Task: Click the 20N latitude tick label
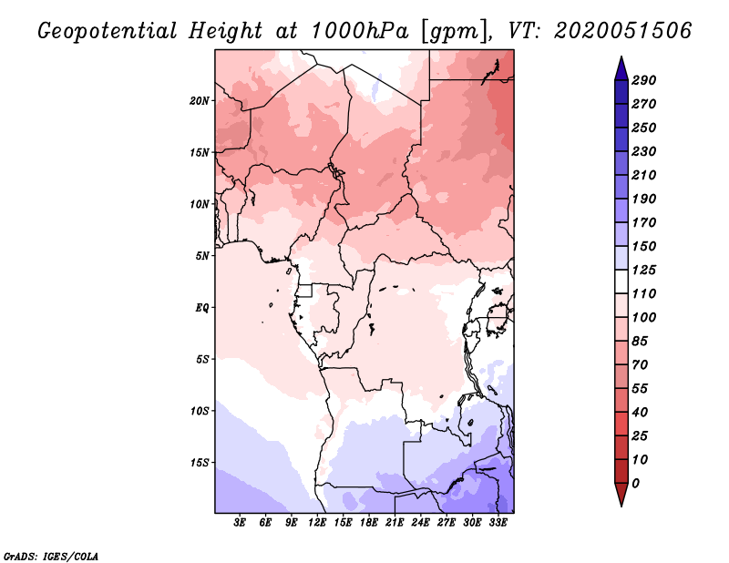point(200,100)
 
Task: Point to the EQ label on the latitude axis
point(203,307)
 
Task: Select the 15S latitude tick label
point(200,462)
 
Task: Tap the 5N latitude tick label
point(203,255)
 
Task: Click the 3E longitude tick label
point(241,522)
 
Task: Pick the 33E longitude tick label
point(498,522)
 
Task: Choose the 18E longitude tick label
point(369,522)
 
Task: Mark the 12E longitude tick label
point(318,522)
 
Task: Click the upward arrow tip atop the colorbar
point(621,59)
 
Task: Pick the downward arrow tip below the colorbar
point(621,504)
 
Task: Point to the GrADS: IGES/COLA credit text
point(51,555)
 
